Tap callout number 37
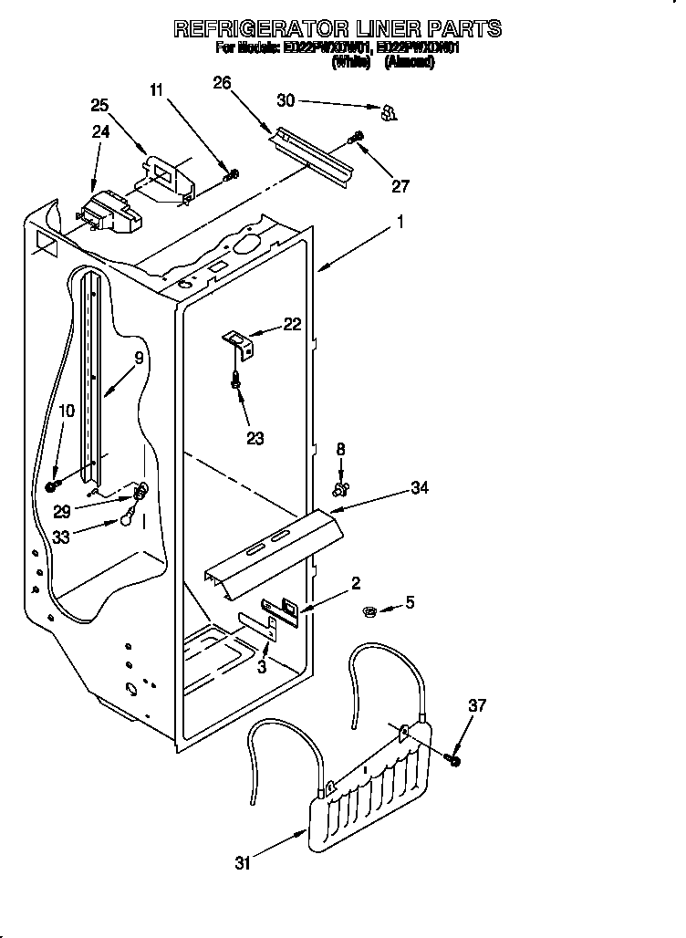[477, 705]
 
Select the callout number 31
[242, 862]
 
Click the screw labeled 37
[453, 758]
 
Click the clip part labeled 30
[388, 113]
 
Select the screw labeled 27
[356, 138]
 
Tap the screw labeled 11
[233, 173]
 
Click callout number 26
[222, 83]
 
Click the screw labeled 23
[237, 381]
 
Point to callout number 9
[139, 359]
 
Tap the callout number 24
[100, 131]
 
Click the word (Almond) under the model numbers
[409, 62]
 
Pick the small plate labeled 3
[259, 623]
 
